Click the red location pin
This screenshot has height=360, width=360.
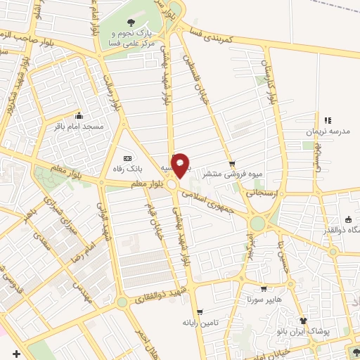tap(181, 165)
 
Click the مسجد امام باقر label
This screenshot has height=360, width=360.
tap(79, 127)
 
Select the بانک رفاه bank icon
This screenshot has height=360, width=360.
tap(127, 158)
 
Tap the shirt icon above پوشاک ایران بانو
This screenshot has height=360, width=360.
tap(304, 320)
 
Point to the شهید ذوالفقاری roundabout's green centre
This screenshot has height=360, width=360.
tap(122, 302)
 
